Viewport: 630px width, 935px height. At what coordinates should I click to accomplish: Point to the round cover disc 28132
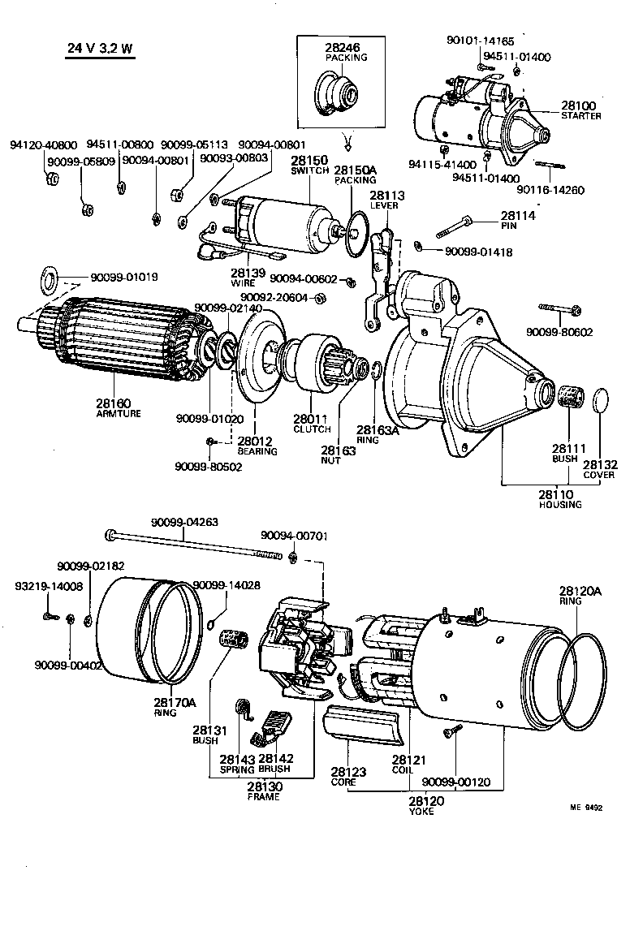click(x=601, y=401)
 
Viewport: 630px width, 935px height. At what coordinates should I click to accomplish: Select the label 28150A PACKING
click(x=355, y=175)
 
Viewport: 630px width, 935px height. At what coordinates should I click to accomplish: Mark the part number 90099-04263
click(x=184, y=522)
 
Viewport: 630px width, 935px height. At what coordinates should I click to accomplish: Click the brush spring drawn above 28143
click(x=242, y=709)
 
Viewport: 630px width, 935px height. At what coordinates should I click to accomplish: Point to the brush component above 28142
click(x=271, y=725)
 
